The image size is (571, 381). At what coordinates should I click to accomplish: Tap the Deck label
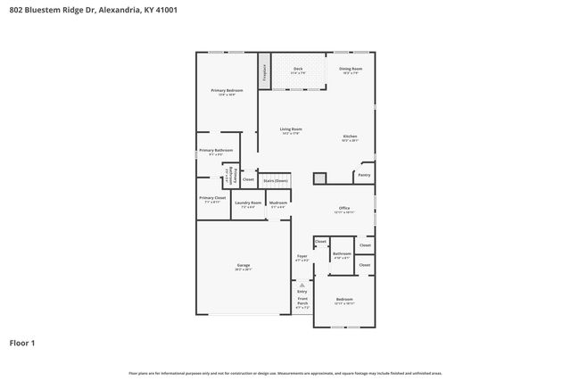(x=298, y=70)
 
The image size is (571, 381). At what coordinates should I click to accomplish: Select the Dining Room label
(x=351, y=70)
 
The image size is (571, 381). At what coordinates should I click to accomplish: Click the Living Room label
(x=292, y=130)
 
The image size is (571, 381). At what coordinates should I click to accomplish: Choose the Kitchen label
(x=350, y=137)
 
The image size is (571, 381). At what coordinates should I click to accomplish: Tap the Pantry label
(x=364, y=175)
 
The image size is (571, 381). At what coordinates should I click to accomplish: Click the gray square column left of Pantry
(x=319, y=178)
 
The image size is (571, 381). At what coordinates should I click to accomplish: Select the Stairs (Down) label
(x=275, y=180)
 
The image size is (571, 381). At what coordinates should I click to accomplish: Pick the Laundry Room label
(x=248, y=203)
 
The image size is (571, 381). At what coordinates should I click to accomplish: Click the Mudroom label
(x=278, y=203)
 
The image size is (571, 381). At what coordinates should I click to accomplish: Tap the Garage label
(x=243, y=266)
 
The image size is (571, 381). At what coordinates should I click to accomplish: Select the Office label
(x=343, y=210)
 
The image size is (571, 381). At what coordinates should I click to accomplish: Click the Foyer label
(x=302, y=258)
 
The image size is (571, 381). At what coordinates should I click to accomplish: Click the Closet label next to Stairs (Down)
(x=248, y=179)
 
